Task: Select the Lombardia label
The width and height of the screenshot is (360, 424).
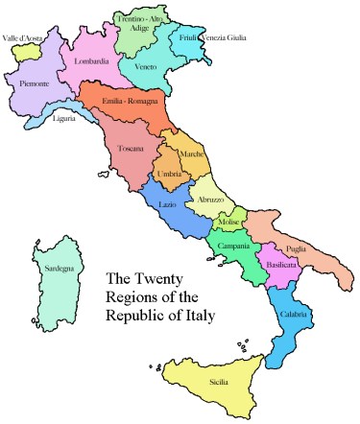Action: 90,62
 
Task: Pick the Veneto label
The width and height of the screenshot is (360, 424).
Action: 147,67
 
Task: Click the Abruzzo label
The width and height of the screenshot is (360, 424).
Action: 210,200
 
